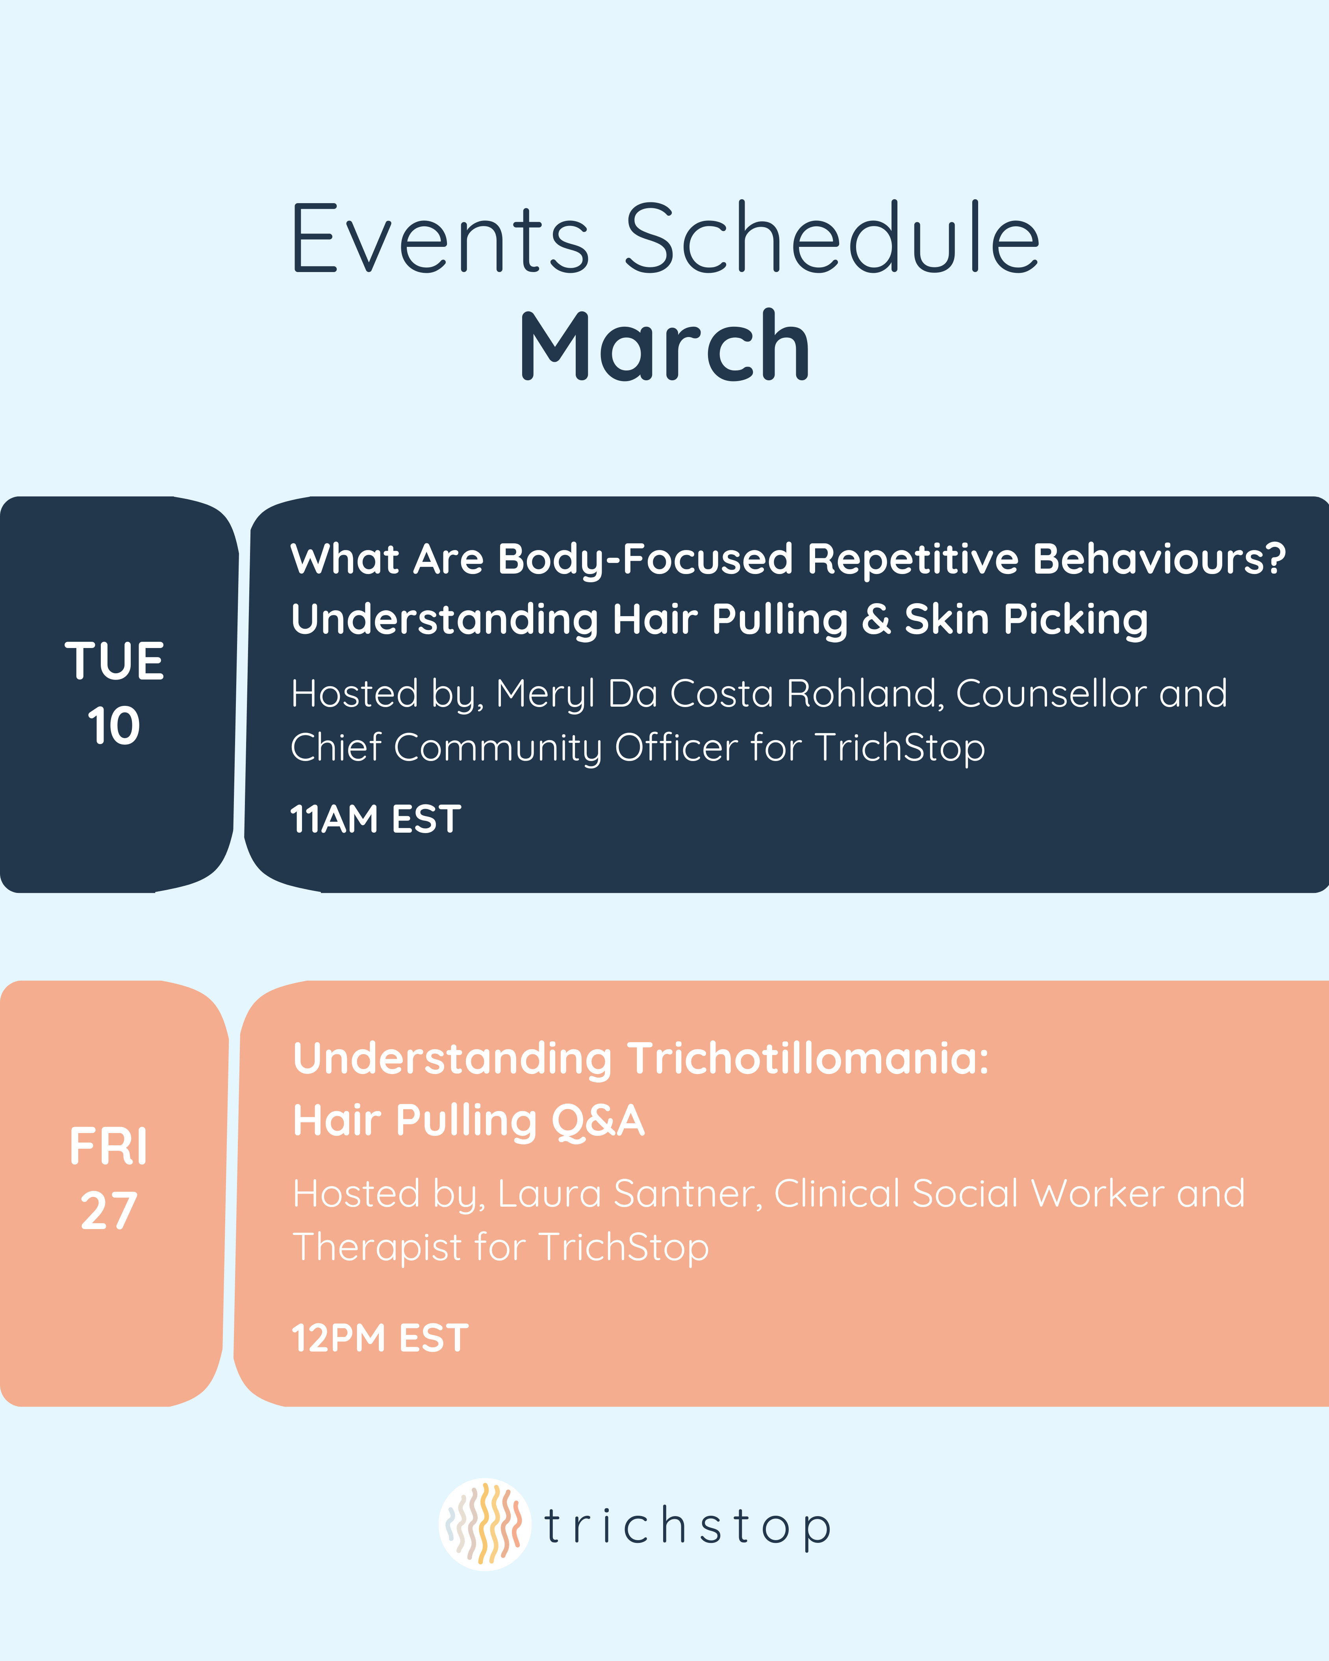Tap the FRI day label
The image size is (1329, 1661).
[109, 1146]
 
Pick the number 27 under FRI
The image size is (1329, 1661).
[109, 1211]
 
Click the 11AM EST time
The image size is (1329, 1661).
[375, 819]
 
